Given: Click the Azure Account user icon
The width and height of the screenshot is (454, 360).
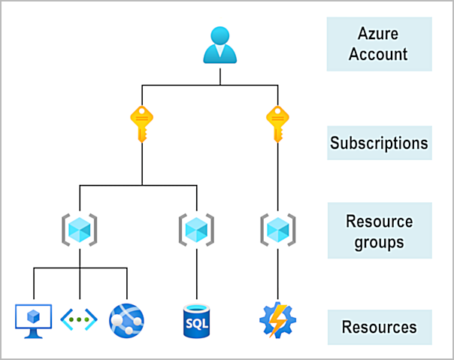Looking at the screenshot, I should tap(220, 45).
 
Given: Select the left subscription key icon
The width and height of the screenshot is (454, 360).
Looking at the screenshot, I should tap(142, 123).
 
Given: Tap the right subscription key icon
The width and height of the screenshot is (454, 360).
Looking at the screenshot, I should tap(277, 123).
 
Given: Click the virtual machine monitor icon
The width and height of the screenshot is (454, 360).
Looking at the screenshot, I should tap(33, 320).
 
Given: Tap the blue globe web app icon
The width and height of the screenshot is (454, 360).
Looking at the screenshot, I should tap(125, 320).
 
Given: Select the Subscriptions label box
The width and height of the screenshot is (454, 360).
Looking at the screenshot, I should tap(379, 143).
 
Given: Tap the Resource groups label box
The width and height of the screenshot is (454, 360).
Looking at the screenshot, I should tap(379, 231).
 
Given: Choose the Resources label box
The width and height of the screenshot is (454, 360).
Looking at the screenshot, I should tap(379, 328).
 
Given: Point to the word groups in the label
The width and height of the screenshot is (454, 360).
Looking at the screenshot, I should tap(379, 242).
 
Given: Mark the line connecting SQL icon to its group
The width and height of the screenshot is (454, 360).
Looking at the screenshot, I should tap(196, 274).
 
